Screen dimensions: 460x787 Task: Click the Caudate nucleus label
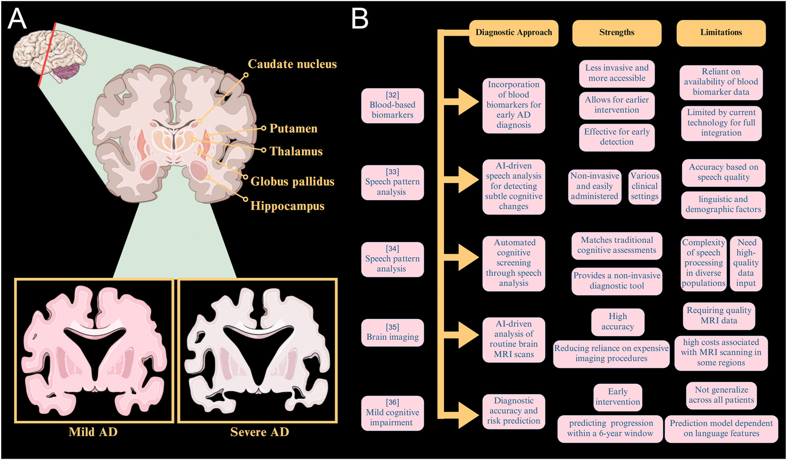[x=292, y=64]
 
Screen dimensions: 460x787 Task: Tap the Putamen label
[x=293, y=129]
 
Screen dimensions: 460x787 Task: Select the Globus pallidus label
[x=292, y=181]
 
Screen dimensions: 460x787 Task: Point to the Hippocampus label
[x=287, y=206]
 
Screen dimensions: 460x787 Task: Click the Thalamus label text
[x=296, y=151]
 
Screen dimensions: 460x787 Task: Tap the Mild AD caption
[x=93, y=432]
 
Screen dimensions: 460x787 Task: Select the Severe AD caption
[x=260, y=432]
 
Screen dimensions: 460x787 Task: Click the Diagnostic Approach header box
[x=513, y=33]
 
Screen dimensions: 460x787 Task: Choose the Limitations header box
[x=721, y=33]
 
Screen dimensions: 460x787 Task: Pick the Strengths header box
[x=616, y=33]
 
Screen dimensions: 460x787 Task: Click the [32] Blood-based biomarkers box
[x=392, y=105]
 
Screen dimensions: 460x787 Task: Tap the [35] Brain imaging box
[x=392, y=332]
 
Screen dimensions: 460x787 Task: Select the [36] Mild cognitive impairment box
[x=392, y=412]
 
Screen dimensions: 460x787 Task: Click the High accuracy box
[x=618, y=322]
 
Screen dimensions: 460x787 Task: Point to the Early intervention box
[x=618, y=397]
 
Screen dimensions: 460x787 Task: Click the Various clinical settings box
[x=644, y=186]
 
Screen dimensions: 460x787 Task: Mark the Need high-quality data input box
[x=746, y=263]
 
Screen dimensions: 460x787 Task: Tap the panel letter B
[x=359, y=19]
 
